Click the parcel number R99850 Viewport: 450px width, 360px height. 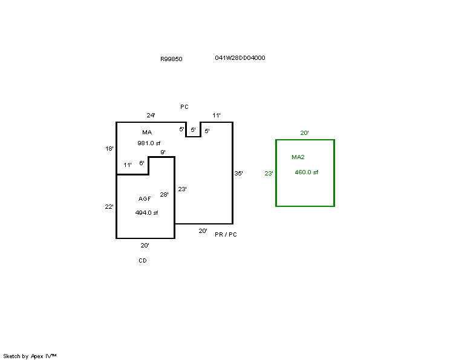[171, 59]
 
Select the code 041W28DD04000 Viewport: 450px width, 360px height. [240, 58]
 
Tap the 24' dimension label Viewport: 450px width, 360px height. [151, 115]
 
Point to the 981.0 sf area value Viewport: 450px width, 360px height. [149, 143]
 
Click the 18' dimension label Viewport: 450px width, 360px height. [109, 148]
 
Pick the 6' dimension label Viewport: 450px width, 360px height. [142, 163]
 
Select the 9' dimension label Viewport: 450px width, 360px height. [163, 152]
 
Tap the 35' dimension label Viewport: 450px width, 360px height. [239, 174]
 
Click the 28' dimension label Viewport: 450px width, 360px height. [164, 194]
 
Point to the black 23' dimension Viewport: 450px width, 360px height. [182, 189]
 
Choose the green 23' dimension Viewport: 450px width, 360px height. [269, 174]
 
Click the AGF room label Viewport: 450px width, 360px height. [145, 199]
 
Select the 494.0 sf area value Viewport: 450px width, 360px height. [146, 212]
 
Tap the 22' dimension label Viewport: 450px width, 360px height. [109, 206]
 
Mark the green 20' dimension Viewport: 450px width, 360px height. [305, 133]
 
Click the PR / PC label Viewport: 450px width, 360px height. [226, 235]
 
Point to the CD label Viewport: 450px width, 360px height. [142, 261]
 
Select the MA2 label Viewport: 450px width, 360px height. [298, 157]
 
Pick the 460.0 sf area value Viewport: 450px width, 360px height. [306, 172]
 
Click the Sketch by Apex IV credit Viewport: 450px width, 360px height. [30, 356]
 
